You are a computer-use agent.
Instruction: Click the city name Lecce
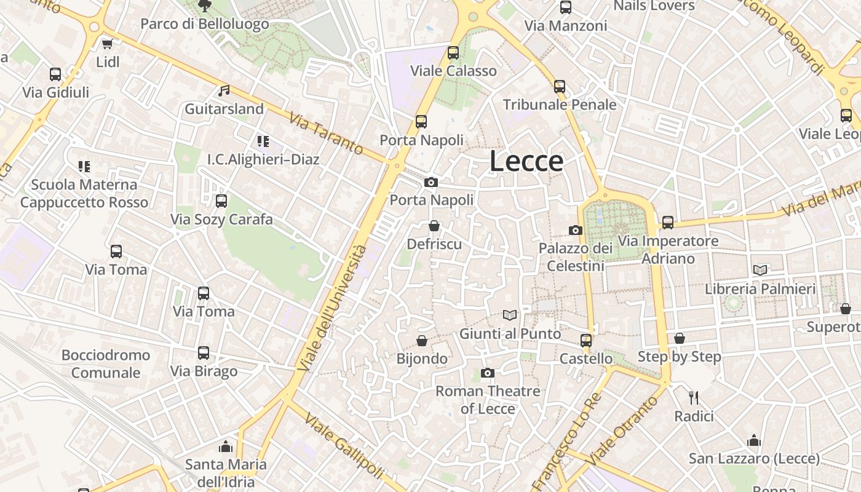[526, 161]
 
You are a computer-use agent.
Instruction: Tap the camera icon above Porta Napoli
[431, 182]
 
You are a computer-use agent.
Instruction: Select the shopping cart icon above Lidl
[107, 44]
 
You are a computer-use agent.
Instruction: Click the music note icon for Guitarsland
[224, 91]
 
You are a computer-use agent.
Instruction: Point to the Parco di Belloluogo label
[205, 24]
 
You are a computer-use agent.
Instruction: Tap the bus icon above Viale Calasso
[453, 53]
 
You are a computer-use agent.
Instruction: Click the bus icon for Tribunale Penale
[560, 87]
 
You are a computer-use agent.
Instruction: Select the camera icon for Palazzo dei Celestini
[576, 230]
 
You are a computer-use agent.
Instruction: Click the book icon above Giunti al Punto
[510, 315]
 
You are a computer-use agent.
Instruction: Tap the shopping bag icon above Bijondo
[422, 340]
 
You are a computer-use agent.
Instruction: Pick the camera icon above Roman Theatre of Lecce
[488, 373]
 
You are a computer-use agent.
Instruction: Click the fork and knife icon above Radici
[694, 398]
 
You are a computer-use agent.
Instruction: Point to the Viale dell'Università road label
[333, 307]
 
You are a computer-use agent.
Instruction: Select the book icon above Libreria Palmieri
[760, 270]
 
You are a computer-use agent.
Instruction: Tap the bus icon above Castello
[586, 340]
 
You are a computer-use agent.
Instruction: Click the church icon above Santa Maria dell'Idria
[226, 446]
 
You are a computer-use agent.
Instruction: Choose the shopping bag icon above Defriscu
[434, 226]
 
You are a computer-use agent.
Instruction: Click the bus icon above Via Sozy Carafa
[221, 201]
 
